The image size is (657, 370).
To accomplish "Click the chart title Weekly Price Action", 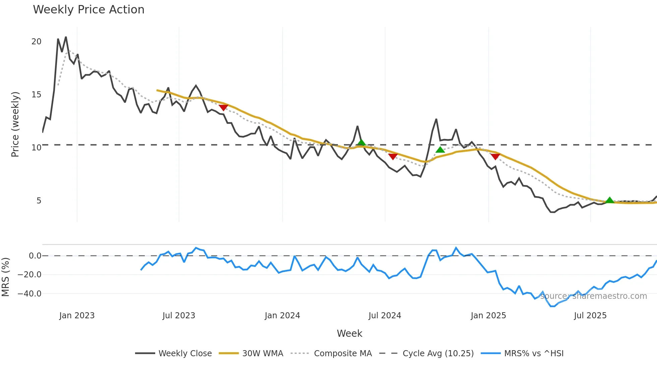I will coord(88,10).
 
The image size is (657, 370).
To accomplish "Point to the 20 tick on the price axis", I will coord(36,42).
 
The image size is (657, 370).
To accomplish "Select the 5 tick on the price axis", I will coord(39,201).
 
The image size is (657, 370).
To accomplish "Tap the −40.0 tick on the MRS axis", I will coord(29,294).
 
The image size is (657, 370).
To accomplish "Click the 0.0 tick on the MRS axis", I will coord(35,256).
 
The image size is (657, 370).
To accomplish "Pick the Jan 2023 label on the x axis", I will coord(77,316).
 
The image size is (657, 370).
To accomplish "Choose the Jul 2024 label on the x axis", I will coord(384,316).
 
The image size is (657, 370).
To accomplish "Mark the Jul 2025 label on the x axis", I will coord(590,316).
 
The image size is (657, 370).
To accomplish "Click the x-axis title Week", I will coord(349,333).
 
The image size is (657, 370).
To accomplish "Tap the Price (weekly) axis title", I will coord(15,124).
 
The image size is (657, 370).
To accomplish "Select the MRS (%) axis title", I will coord(5,277).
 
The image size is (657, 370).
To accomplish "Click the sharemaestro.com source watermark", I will coord(593,296).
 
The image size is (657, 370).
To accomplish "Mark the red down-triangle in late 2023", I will coord(223,107).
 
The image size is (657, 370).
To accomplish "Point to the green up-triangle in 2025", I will coord(609,200).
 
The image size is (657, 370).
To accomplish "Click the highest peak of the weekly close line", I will coord(66,37).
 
